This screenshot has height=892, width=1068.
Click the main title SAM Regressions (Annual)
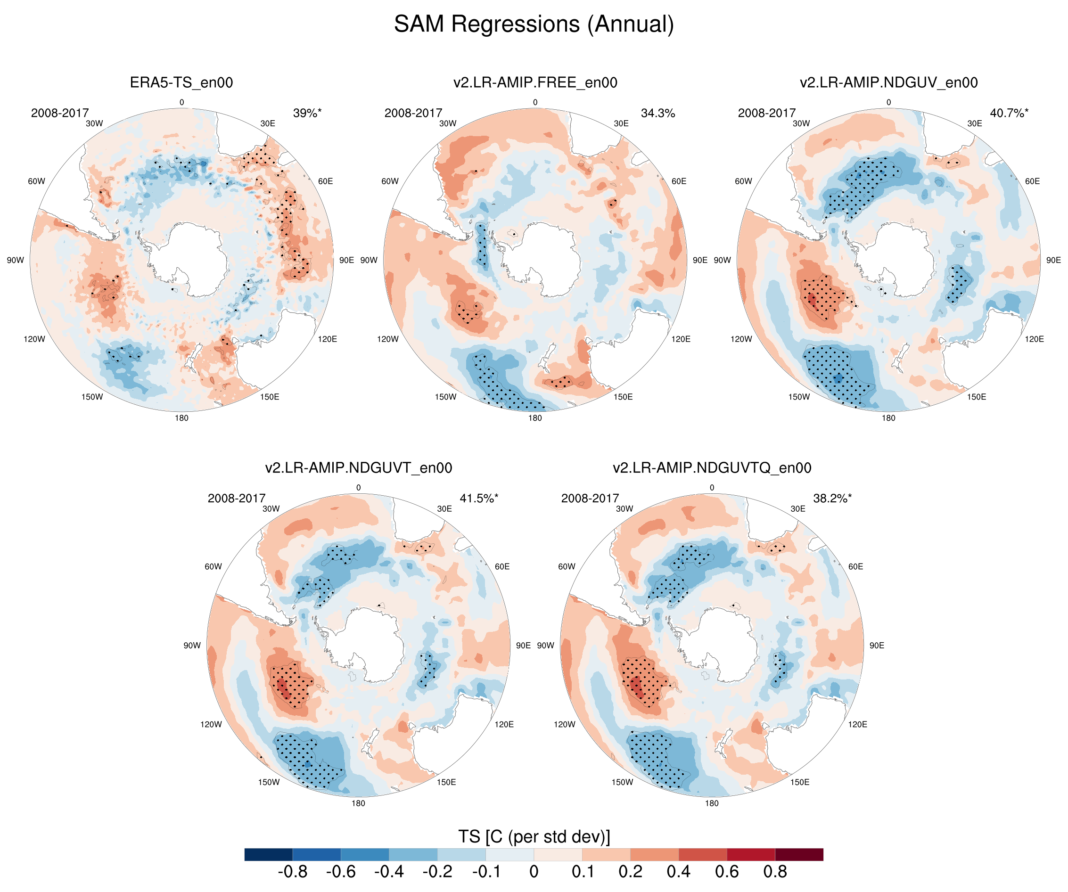point(534,24)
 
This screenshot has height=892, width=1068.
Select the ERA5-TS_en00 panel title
point(181,82)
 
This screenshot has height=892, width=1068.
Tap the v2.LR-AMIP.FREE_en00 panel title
point(535,82)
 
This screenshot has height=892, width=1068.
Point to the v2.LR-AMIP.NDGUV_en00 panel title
point(888,82)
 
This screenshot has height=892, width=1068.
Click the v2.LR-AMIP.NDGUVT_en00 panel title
point(359,468)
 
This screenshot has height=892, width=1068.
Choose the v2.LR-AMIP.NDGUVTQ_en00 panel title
point(712,468)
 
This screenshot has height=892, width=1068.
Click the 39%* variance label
point(307,113)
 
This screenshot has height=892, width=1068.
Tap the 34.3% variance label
point(657,113)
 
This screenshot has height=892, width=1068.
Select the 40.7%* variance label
point(1009,113)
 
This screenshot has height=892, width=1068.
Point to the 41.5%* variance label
point(479,499)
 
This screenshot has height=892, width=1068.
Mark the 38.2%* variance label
point(832,499)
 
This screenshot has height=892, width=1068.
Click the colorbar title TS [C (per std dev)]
point(534,836)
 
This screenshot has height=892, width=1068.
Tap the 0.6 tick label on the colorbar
point(727,872)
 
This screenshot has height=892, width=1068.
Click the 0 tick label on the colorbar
point(534,872)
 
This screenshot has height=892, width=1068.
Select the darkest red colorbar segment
point(799,854)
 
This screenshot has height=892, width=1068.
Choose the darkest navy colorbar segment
point(269,854)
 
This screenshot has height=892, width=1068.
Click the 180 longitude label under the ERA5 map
point(181,418)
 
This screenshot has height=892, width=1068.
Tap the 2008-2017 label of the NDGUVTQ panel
point(590,499)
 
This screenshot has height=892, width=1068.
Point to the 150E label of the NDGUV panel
point(977,397)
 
